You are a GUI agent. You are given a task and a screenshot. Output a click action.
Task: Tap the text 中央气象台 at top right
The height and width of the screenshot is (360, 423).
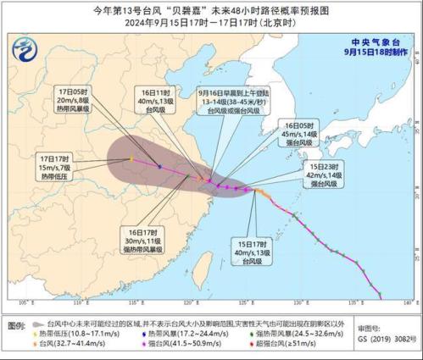[383, 41]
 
